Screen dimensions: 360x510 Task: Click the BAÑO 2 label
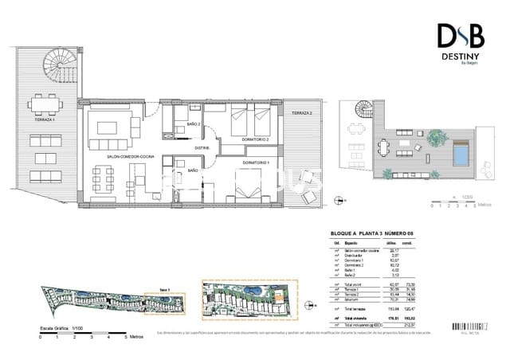(193, 124)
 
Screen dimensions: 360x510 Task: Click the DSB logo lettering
(460, 37)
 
